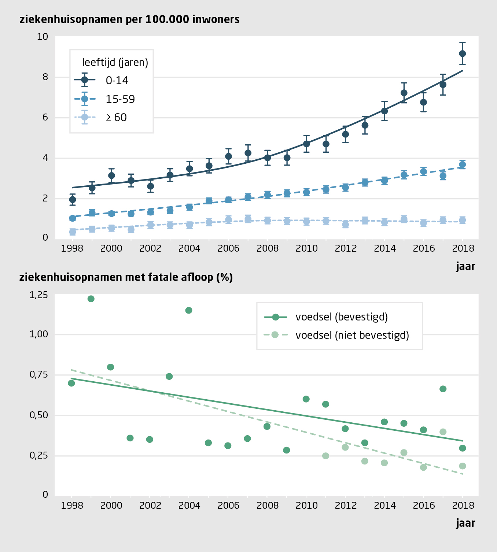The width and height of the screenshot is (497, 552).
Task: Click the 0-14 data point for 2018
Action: point(462,53)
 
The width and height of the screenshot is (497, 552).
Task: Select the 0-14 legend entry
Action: point(117,81)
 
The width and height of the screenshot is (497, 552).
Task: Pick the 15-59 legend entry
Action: point(120,99)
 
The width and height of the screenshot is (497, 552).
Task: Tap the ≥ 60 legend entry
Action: point(116,118)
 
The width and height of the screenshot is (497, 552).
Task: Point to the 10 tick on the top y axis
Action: point(43,37)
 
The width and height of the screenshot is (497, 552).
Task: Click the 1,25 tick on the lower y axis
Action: point(38,295)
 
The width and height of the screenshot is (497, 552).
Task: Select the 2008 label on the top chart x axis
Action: point(268,248)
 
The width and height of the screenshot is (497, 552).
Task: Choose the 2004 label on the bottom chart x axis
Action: point(189,505)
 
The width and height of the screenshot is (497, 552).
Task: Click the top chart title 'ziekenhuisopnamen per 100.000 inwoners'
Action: point(129,19)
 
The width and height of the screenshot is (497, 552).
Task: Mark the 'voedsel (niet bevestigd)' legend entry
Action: point(352,335)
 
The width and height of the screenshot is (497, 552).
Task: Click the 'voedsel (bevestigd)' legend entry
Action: point(341,317)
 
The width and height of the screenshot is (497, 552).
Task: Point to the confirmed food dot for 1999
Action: point(91,299)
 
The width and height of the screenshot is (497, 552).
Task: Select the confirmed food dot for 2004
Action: point(189,311)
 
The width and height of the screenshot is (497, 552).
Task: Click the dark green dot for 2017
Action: point(443,389)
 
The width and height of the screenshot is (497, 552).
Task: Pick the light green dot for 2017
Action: point(443,432)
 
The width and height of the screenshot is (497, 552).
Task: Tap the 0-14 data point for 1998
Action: point(73,200)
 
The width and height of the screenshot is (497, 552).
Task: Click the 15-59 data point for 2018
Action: point(462,164)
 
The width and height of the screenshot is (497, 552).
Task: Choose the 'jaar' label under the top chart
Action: point(465,266)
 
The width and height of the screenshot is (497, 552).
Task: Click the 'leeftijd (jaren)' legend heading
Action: point(115,62)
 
